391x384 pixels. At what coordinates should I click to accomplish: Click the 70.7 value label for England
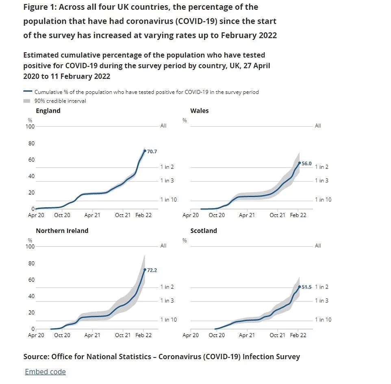point(152,151)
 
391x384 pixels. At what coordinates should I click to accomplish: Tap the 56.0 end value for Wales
point(306,163)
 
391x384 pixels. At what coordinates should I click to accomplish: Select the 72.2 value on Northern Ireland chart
point(152,270)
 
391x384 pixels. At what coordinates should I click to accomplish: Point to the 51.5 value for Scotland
point(306,287)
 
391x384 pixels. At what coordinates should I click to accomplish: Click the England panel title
point(48,111)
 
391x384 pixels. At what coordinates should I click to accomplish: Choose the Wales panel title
point(199,111)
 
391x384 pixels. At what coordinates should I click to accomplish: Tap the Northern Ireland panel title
point(62,230)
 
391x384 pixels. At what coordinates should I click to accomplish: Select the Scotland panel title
point(204,230)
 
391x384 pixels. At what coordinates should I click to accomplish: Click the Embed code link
point(45,371)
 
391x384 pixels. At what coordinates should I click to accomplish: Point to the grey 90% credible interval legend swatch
point(27,101)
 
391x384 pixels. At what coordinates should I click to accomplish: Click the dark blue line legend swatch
point(27,92)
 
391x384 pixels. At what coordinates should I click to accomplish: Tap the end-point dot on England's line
point(145,151)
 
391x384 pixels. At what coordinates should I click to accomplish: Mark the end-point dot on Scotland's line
point(300,287)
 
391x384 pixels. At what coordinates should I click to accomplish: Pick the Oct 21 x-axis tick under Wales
point(277,215)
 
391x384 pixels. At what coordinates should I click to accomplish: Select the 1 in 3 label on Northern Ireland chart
point(167,301)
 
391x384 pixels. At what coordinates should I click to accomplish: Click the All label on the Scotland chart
point(318,246)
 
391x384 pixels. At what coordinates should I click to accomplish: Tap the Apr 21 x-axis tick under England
point(92,215)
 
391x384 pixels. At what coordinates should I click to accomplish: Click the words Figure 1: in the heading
point(39,7)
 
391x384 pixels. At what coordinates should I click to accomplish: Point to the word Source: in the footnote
point(36,357)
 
